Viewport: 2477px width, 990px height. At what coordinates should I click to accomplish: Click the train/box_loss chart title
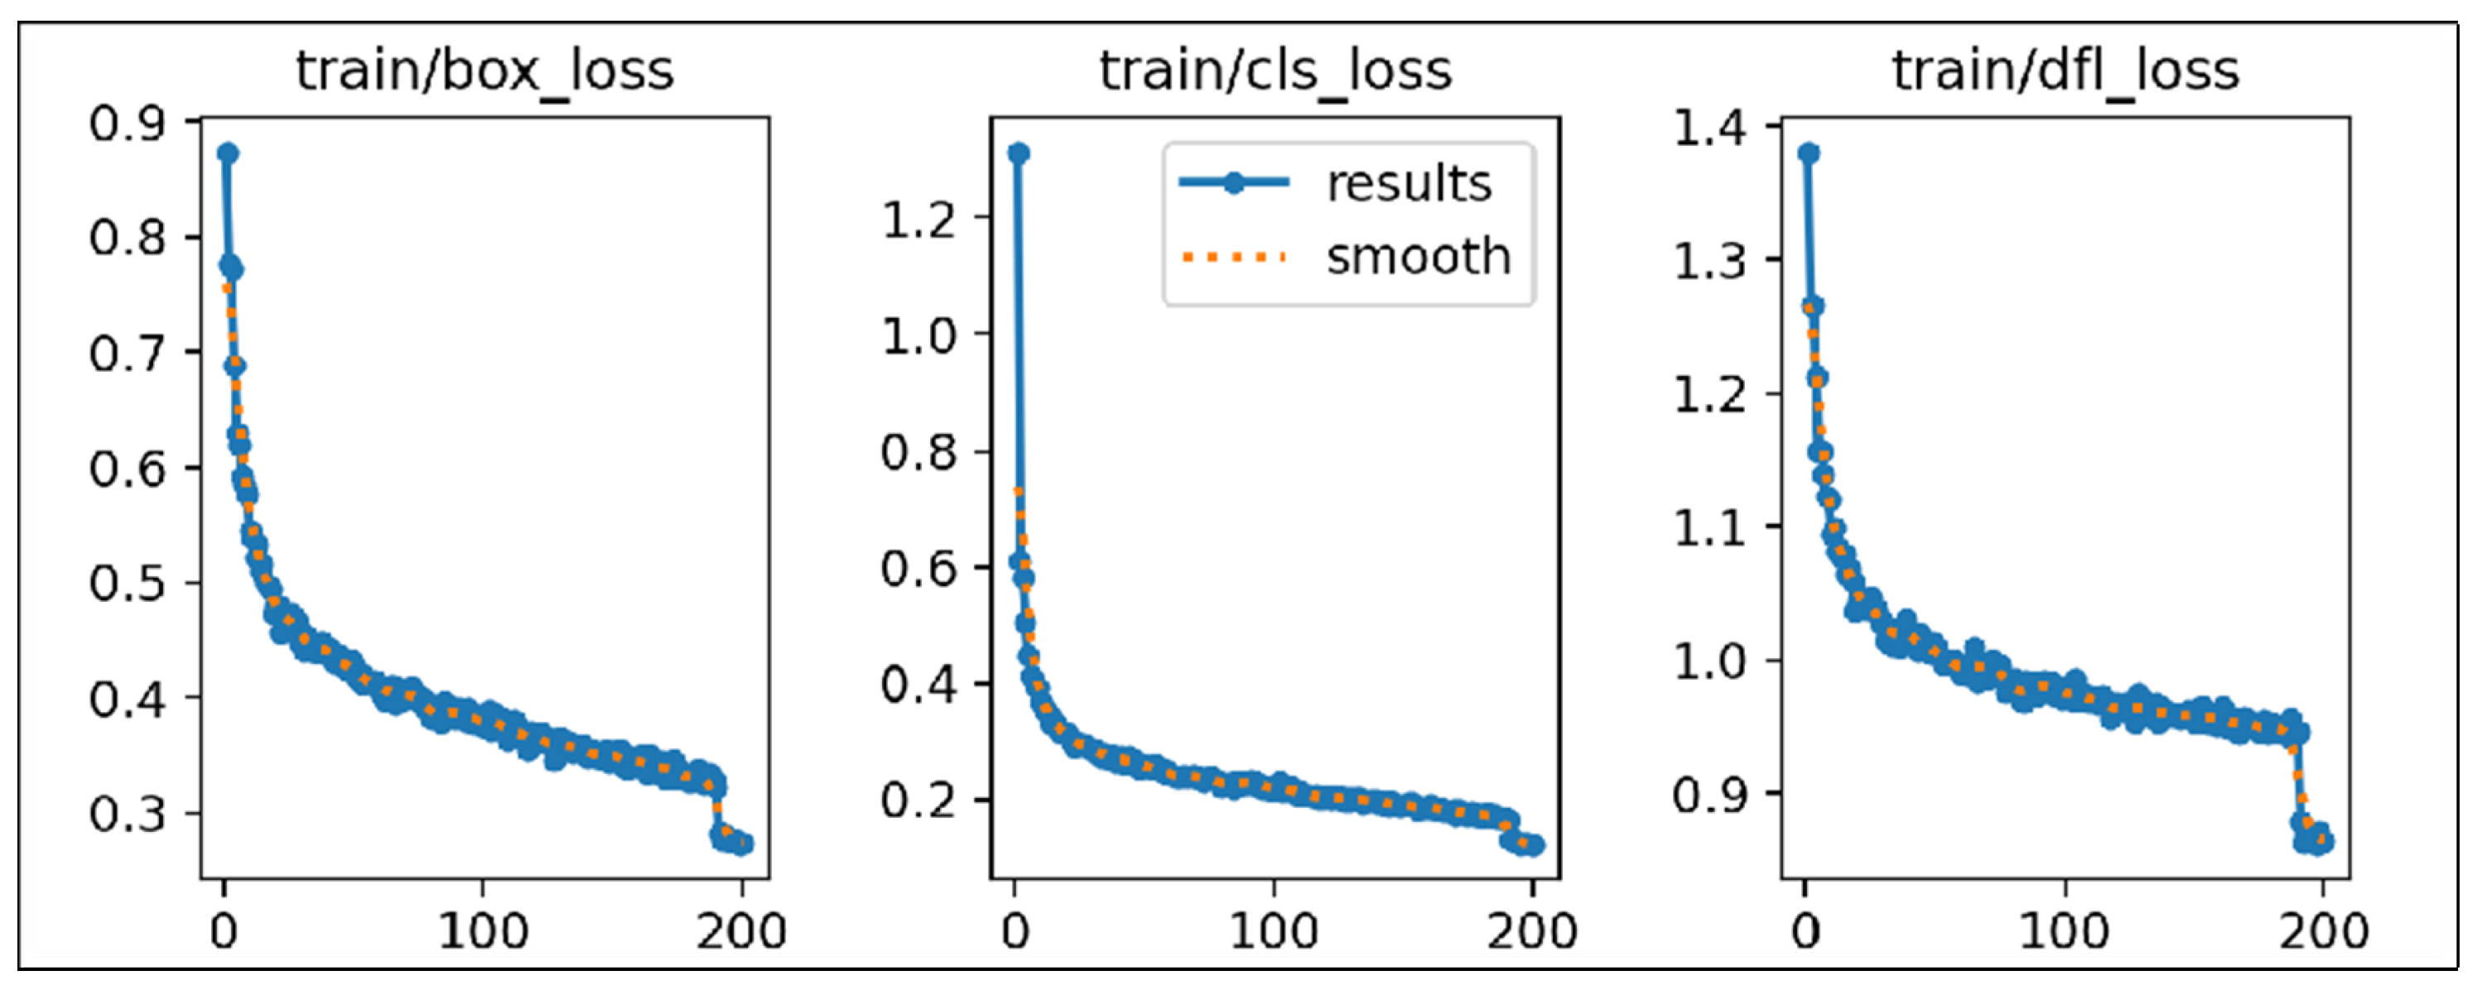point(484,71)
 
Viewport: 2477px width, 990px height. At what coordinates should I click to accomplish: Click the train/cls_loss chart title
point(1275,71)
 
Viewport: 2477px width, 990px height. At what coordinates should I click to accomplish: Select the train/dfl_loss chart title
point(2065,71)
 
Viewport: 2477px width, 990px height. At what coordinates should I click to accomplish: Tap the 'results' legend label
point(1409,183)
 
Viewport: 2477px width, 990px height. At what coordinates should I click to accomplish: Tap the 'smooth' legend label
point(1419,257)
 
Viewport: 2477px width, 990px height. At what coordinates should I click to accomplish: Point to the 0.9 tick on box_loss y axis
point(127,123)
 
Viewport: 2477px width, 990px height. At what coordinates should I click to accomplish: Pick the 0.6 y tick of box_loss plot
point(127,469)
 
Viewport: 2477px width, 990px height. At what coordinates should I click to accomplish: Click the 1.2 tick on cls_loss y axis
point(918,219)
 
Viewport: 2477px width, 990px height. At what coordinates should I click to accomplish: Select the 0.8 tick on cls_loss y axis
point(918,452)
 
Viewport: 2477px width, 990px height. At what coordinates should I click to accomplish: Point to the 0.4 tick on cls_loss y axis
point(918,685)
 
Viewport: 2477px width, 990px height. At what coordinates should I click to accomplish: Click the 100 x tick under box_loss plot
point(483,931)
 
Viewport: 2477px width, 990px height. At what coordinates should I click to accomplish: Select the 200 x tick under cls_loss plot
point(1532,931)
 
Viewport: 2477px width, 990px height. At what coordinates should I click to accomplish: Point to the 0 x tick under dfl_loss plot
point(1806,931)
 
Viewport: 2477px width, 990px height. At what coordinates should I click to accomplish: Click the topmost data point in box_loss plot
point(228,154)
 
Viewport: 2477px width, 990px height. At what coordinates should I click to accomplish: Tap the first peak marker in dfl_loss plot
point(1809,154)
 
